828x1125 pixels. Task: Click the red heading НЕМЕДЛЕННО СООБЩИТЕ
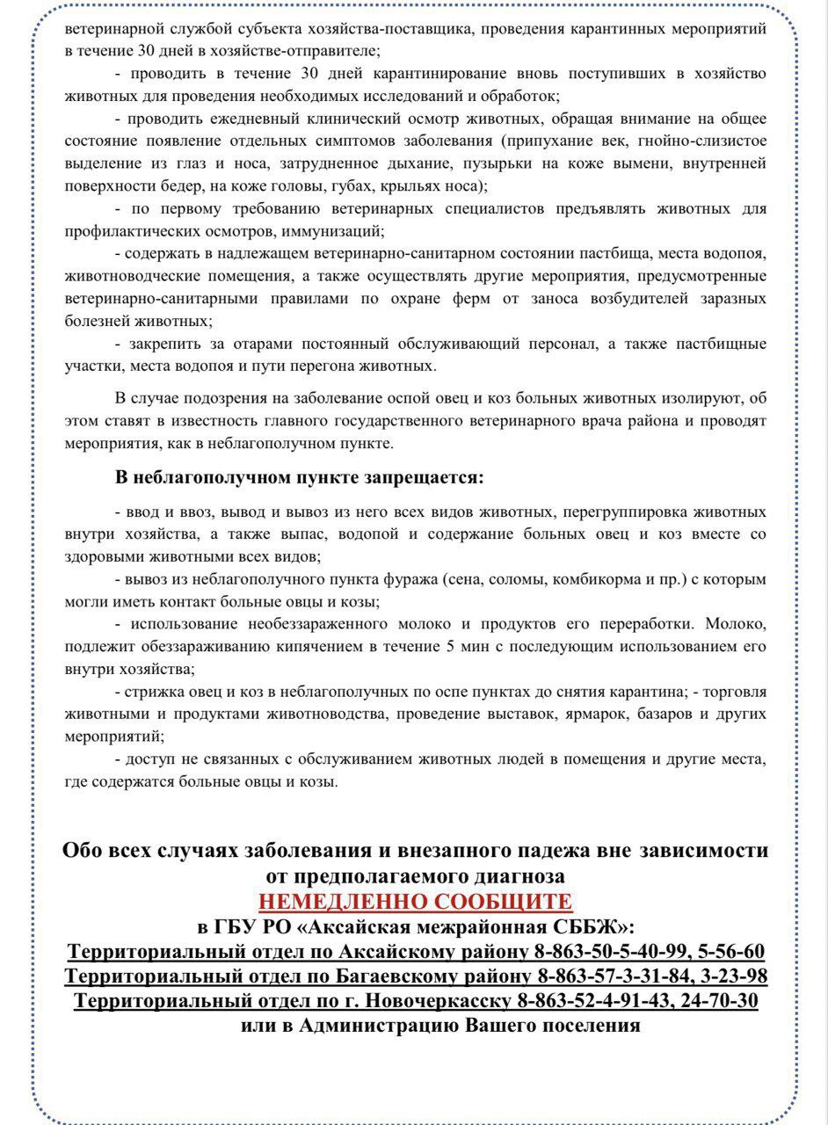416,902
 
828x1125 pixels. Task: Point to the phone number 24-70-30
723,1001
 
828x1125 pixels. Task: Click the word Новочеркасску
438,1001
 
